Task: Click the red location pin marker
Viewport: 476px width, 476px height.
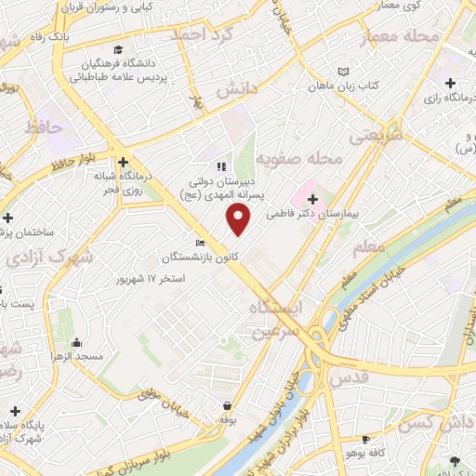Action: (239, 218)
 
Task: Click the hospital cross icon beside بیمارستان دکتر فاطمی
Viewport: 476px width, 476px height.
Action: (312, 198)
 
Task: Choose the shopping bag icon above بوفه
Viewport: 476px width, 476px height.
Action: (228, 405)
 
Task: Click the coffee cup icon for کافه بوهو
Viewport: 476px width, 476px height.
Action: (366, 439)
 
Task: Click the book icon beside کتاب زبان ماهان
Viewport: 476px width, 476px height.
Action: (345, 72)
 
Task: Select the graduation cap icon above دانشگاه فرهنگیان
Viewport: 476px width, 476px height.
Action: (117, 49)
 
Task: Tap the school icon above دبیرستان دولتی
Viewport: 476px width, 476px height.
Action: (220, 167)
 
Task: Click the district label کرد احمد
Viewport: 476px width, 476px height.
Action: (198, 33)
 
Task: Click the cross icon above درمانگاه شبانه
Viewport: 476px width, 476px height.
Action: (123, 162)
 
